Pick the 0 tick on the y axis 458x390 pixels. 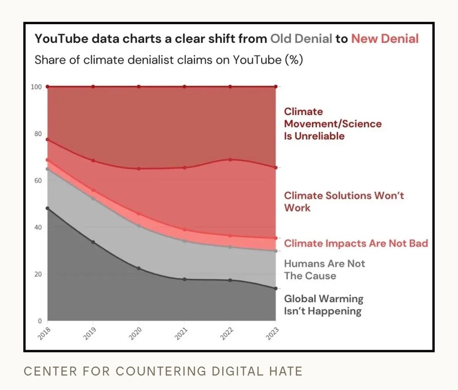[39, 320]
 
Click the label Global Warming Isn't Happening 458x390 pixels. [323, 305]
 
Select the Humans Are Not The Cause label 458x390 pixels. [324, 270]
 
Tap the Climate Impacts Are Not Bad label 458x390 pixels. [356, 243]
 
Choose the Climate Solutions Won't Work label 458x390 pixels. [344, 201]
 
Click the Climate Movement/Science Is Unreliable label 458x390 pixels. [333, 124]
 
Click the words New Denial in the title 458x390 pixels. [385, 38]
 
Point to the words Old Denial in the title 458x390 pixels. [301, 38]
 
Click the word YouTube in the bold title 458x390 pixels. [59, 38]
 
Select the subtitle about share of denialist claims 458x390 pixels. [169, 60]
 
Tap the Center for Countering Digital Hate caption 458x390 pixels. [163, 371]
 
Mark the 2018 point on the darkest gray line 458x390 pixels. [48, 208]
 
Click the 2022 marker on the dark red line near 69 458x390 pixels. [230, 159]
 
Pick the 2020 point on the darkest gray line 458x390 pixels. [139, 268]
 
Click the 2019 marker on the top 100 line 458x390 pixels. [93, 87]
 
